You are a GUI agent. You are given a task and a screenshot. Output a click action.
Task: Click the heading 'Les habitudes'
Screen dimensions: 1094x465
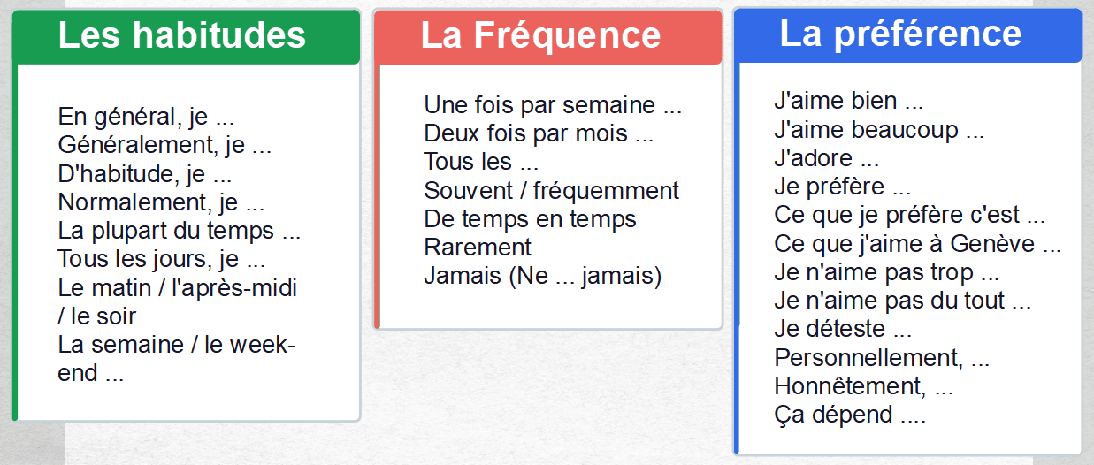point(181,35)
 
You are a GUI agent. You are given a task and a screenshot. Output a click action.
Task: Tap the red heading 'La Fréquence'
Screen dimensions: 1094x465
point(540,35)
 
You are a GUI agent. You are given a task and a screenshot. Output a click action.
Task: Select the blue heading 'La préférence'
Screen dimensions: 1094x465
point(900,34)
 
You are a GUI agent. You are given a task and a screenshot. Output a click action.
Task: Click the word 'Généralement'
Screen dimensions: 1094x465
point(137,145)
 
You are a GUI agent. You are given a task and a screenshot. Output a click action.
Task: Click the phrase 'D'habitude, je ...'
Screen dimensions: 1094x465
point(144,174)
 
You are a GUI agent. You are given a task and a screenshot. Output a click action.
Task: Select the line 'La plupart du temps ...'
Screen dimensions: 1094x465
point(179,231)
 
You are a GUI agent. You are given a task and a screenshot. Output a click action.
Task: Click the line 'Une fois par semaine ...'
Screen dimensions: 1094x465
point(553,104)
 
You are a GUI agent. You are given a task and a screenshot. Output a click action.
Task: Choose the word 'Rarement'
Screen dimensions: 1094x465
point(478,248)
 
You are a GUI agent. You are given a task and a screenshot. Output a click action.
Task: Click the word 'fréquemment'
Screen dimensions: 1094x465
point(606,190)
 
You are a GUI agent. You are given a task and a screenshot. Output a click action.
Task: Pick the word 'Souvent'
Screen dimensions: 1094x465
point(468,190)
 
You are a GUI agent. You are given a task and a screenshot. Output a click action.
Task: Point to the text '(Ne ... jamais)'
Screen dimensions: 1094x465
point(585,276)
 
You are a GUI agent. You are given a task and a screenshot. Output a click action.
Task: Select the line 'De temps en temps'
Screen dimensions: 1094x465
point(530,219)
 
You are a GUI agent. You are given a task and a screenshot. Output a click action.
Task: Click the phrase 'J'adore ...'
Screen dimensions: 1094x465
point(826,157)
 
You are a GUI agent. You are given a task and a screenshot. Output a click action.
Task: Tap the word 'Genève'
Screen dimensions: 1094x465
point(992,244)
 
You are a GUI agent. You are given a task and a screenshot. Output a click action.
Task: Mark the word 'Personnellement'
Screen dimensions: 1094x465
point(868,357)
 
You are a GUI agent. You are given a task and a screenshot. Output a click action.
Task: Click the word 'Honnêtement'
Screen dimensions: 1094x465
point(850,385)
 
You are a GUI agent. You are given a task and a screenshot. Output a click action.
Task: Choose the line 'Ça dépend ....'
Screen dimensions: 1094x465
point(850,415)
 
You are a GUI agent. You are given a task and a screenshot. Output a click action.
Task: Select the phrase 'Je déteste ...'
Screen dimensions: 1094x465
point(843,329)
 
